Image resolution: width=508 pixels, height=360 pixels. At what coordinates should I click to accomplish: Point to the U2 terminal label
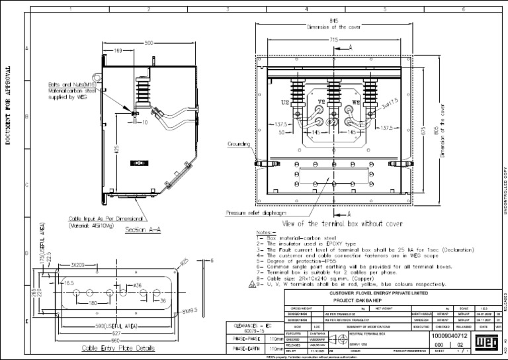(285, 103)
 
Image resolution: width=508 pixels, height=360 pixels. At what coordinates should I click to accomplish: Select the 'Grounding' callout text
(239, 143)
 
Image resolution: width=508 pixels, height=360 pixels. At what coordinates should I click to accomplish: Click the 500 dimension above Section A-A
(149, 42)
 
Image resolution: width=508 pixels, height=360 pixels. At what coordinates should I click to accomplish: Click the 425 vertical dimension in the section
(117, 152)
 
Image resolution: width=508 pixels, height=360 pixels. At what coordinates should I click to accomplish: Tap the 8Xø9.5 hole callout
(175, 310)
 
